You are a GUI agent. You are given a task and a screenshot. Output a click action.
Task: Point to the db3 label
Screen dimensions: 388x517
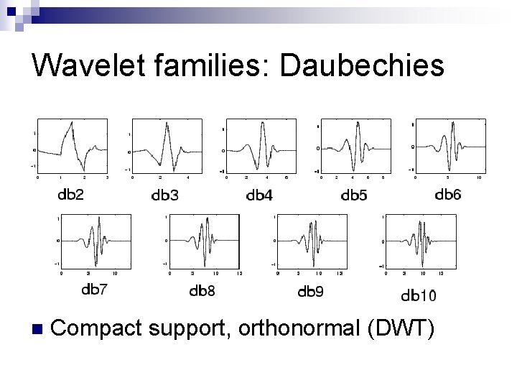(x=167, y=194)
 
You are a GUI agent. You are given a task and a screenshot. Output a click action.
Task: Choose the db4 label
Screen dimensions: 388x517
(x=259, y=195)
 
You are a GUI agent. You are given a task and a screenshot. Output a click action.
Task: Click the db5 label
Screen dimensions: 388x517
(x=354, y=194)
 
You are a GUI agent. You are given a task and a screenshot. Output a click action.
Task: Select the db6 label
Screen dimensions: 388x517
(x=448, y=194)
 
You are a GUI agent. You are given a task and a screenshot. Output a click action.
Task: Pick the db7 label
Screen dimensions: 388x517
(x=95, y=290)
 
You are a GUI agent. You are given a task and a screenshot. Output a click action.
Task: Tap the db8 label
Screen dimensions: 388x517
(x=202, y=291)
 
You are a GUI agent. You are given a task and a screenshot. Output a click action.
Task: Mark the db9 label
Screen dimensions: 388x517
(x=310, y=291)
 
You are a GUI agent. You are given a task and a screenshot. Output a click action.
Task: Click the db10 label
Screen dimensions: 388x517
(x=418, y=295)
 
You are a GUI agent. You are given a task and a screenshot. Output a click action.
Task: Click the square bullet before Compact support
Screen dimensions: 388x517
(x=38, y=330)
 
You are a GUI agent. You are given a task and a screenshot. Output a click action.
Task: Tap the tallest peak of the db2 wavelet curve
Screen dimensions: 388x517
(x=70, y=123)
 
